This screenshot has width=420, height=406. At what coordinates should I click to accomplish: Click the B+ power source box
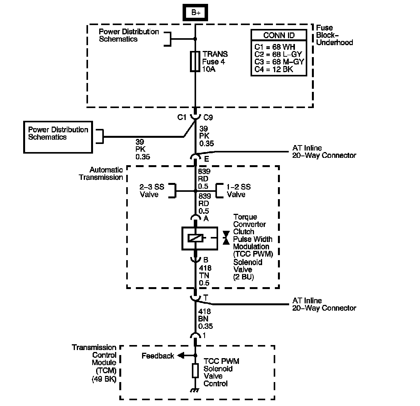[195, 13]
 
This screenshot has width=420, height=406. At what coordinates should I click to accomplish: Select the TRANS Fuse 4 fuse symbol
[195, 61]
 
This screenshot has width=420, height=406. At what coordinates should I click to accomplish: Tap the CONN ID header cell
[279, 36]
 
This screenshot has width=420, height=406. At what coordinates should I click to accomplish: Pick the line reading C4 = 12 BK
[274, 69]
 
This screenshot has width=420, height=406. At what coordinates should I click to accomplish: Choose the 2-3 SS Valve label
[152, 191]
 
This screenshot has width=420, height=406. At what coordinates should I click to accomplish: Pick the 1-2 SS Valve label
[239, 191]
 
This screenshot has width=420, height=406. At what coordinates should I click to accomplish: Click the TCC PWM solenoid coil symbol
[195, 239]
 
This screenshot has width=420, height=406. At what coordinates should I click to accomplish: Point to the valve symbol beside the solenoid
[226, 238]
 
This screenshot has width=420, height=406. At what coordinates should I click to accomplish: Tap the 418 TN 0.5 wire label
[205, 276]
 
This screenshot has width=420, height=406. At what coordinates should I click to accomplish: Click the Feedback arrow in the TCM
[181, 356]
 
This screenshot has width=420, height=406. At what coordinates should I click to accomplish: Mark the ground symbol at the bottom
[195, 391]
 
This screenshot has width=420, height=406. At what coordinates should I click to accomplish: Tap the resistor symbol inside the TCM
[195, 370]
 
